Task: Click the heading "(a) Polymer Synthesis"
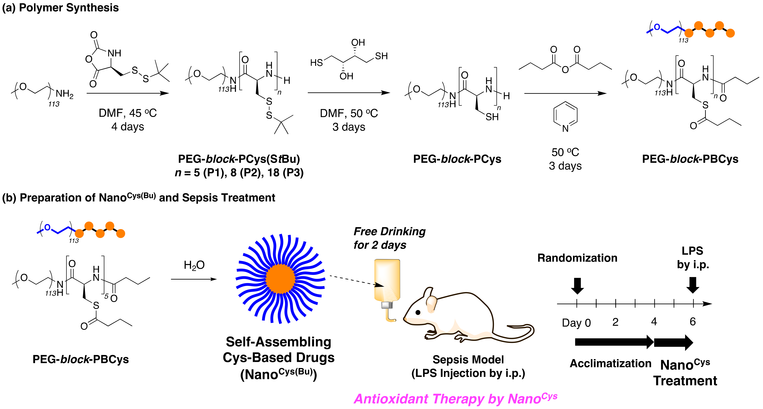pos(60,8)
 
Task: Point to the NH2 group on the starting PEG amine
pos(64,94)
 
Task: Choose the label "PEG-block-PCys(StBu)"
pos(239,159)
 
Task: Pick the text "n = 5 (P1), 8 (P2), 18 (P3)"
pos(239,172)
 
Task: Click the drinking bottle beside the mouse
pos(387,284)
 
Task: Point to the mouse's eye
pos(418,312)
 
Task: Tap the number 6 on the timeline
pos(693,322)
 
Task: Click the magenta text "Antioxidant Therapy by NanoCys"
pos(455,399)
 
